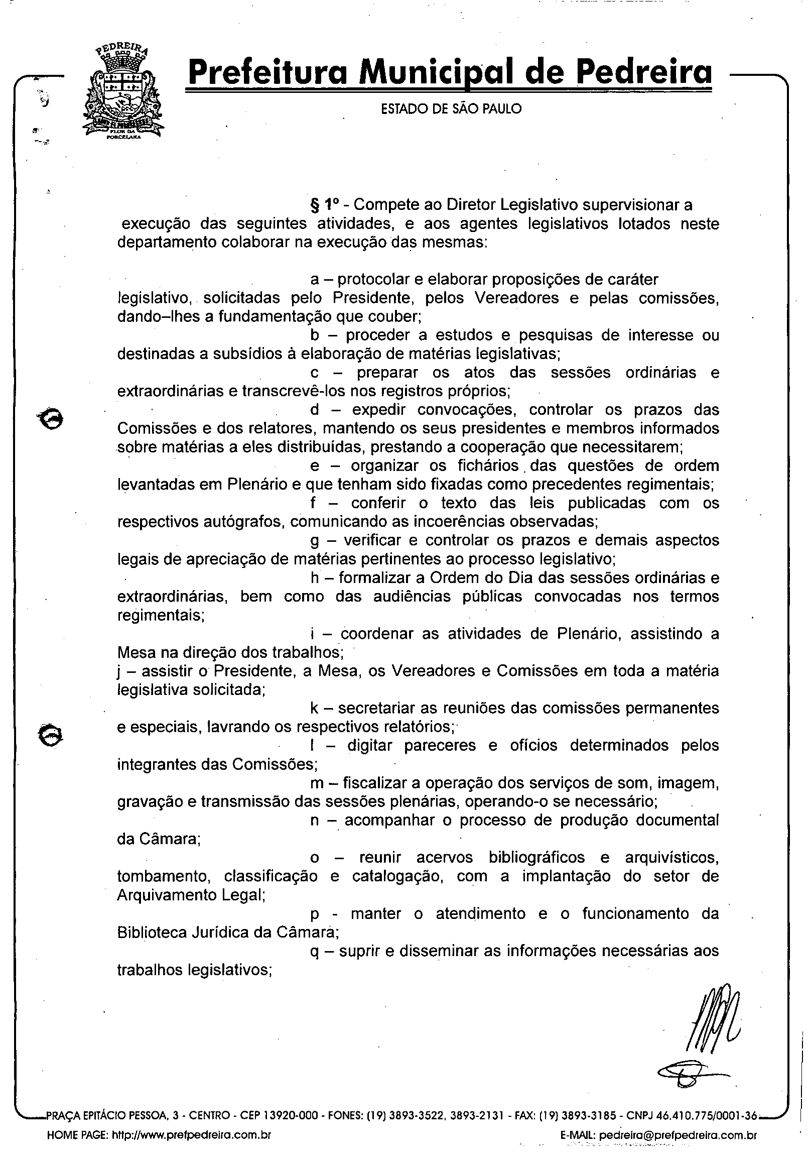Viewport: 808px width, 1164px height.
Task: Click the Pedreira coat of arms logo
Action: pos(123,93)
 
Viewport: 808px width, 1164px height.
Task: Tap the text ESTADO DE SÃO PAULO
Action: pos(451,109)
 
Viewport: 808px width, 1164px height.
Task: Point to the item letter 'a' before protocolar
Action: pos(314,280)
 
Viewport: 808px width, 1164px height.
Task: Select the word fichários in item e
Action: pos(488,465)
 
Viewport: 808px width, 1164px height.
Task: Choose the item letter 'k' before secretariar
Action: pos(314,708)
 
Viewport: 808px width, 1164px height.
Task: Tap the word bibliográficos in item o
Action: pos(536,858)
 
